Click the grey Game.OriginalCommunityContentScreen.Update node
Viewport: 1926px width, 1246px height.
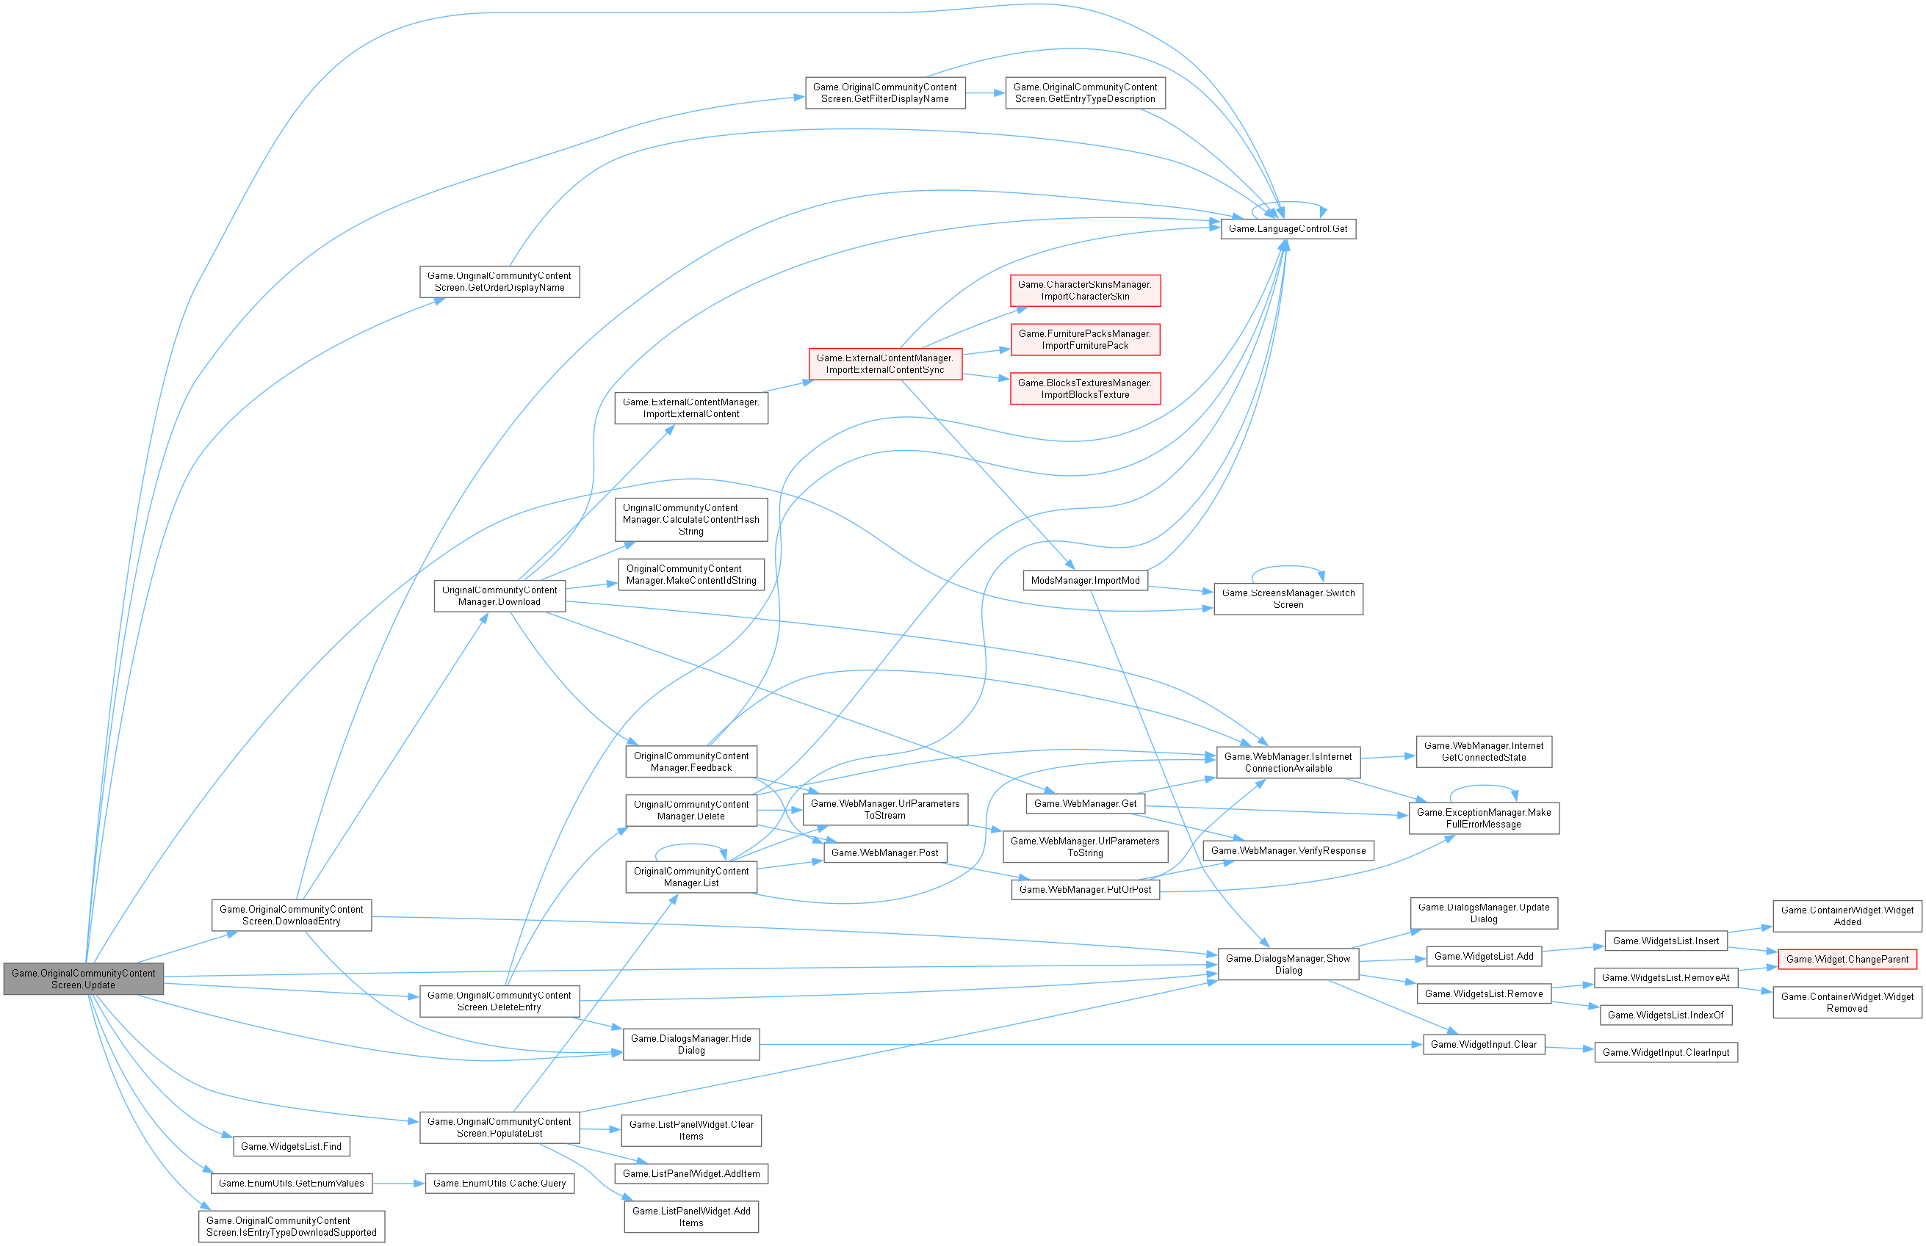83,979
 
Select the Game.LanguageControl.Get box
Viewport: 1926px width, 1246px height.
1288,229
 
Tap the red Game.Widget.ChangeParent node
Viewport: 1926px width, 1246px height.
1847,960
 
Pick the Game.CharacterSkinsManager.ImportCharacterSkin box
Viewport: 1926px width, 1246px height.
1084,291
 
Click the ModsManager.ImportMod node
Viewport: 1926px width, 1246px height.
1084,581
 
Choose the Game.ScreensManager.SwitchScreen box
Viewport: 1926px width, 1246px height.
1288,598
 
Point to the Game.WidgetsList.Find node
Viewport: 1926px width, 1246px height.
292,1146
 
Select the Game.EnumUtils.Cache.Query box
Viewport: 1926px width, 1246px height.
499,1184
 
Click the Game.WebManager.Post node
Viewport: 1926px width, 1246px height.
884,852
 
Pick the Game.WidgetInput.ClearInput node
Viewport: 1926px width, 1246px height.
1665,1053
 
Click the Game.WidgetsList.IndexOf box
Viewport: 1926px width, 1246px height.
1665,1015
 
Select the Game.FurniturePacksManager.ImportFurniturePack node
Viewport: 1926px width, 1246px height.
1084,340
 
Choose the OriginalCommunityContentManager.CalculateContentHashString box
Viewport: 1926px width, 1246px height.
690,519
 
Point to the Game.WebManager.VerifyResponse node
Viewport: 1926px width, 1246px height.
1288,850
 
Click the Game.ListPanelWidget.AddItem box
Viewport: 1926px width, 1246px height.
691,1174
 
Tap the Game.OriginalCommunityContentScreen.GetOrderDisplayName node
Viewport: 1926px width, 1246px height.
499,281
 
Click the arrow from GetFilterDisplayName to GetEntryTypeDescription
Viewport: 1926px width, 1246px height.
985,93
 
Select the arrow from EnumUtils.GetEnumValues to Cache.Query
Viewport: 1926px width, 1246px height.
399,1184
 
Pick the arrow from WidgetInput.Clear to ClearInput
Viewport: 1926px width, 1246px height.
1569,1048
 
